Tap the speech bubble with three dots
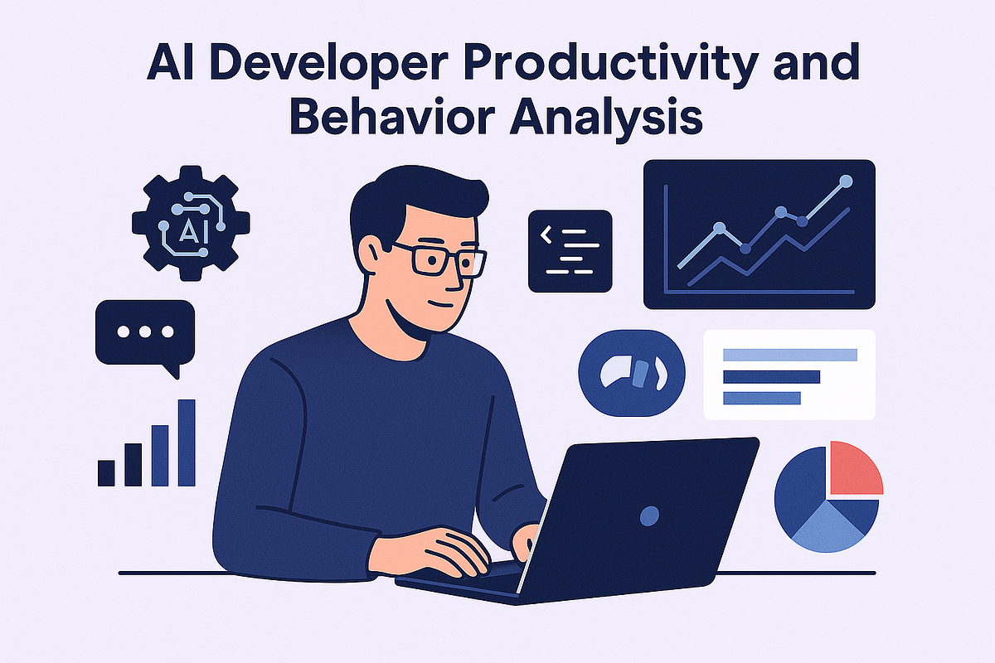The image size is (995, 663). pos(145,333)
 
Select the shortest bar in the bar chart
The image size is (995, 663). pos(106,472)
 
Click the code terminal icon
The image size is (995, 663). pos(570,251)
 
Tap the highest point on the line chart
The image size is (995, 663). pos(846,180)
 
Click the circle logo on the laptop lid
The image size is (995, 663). pos(650,515)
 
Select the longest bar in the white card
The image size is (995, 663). pos(789,355)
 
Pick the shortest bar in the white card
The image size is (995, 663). pos(761,398)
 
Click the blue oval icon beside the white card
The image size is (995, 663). pos(632,375)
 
